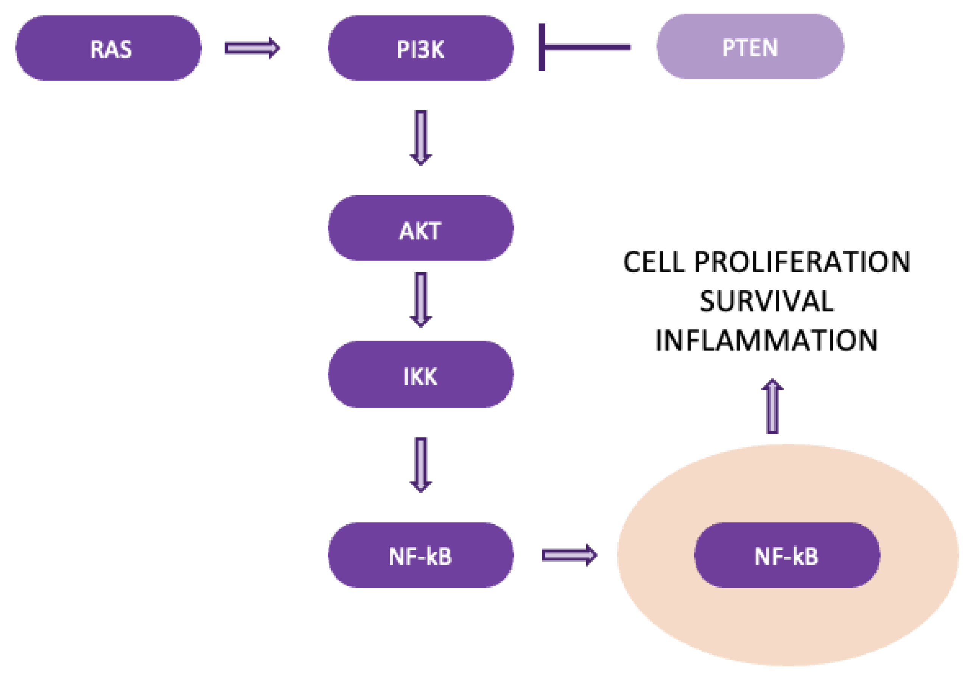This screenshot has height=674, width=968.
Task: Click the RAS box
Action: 108,48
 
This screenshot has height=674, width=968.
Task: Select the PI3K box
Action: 421,48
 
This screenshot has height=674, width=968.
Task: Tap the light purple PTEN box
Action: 750,47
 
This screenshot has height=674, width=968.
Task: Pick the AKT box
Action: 421,228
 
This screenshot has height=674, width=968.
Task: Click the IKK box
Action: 421,374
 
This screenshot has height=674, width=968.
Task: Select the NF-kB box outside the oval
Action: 421,555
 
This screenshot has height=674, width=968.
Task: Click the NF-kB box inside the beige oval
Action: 787,555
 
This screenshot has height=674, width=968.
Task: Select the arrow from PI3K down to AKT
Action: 421,137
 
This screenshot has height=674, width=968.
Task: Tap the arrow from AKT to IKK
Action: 421,299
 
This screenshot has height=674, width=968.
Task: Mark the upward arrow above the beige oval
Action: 772,407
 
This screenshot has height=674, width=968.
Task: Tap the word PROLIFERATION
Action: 802,262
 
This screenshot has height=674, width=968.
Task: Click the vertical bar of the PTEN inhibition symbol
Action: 542,47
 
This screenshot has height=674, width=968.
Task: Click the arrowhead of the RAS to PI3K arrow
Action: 274,48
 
